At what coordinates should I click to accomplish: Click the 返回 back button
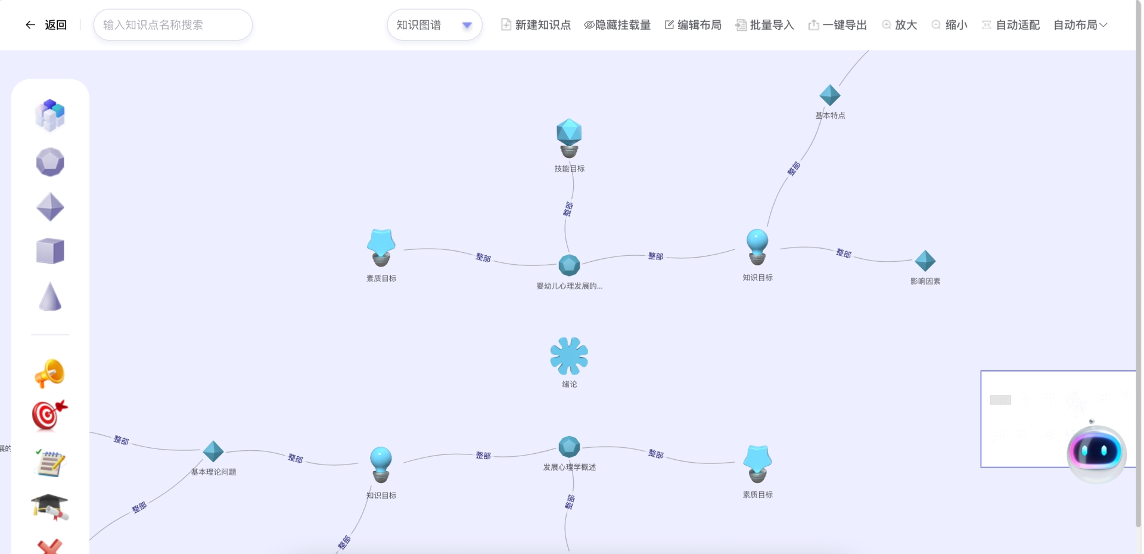pos(46,25)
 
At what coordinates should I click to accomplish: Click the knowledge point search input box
pos(173,25)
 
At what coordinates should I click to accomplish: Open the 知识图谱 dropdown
pos(434,25)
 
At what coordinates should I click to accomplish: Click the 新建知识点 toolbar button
pos(536,25)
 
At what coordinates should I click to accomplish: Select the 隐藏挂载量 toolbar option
pos(617,25)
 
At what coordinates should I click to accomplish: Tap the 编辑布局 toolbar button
pos(693,25)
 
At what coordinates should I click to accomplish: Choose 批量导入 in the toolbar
pos(764,25)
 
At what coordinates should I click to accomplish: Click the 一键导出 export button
pos(837,25)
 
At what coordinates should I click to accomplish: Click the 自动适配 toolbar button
pos(1011,25)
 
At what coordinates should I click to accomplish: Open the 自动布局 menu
pos(1080,25)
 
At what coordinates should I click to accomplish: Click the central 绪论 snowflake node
pos(569,356)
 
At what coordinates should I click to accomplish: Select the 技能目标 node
pos(569,138)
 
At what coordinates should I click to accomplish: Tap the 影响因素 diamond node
pos(925,261)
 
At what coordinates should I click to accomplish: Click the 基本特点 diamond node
pos(830,95)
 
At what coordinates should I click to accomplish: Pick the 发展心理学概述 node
pos(569,447)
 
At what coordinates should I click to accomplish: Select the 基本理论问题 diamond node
pos(213,451)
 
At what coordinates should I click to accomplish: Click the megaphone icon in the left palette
pos(50,373)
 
